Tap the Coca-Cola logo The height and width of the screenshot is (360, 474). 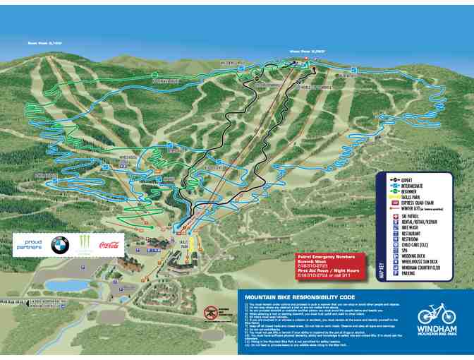click(109, 246)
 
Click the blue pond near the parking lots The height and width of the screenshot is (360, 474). click(61, 285)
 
